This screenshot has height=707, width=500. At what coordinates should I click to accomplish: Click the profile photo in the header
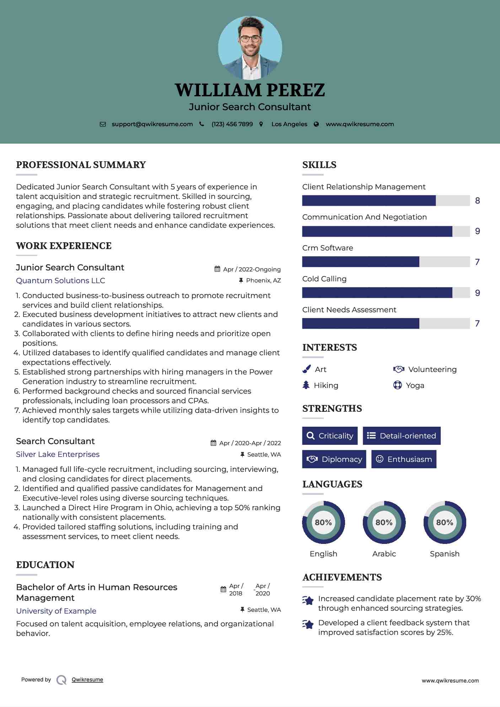(x=250, y=48)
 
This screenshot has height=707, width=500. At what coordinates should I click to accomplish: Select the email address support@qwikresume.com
(x=152, y=124)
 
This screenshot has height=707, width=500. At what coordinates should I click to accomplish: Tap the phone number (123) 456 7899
(x=232, y=124)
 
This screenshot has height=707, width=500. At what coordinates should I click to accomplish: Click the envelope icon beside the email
(x=103, y=124)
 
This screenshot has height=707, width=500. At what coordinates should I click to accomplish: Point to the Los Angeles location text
(x=289, y=124)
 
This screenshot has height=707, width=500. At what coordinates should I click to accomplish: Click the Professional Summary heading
(x=81, y=165)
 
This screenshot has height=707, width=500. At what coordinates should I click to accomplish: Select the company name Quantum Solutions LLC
(x=60, y=281)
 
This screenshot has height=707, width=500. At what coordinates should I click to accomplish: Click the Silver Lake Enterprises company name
(x=58, y=454)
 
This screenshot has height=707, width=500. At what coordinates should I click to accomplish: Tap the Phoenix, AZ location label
(x=263, y=281)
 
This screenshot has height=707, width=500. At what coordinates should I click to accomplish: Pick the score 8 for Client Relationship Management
(x=478, y=201)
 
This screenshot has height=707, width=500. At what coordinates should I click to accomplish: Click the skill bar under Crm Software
(x=386, y=262)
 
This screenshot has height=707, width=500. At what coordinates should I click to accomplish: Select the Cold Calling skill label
(x=324, y=279)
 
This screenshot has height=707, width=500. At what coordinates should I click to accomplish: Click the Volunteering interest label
(x=432, y=369)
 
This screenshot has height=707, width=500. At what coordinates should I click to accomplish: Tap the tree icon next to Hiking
(x=306, y=385)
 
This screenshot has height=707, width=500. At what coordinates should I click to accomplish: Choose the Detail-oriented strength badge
(x=402, y=436)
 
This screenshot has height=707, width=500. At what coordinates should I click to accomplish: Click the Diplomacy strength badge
(x=334, y=459)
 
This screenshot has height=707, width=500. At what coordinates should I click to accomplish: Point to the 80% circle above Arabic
(x=384, y=522)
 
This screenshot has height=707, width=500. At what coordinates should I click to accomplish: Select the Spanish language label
(x=445, y=554)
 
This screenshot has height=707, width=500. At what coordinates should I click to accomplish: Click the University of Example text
(x=56, y=611)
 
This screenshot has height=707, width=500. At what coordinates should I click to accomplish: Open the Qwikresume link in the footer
(x=87, y=680)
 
